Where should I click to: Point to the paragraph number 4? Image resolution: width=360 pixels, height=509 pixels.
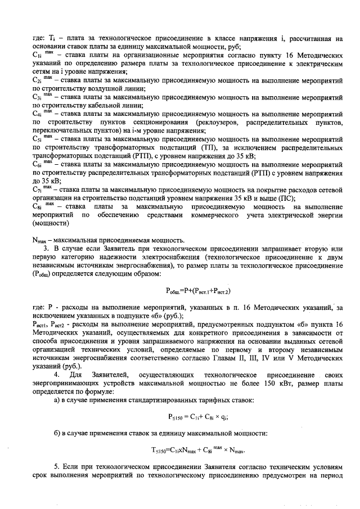(x=55, y=375)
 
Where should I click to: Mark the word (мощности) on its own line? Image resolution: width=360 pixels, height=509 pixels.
(x=48, y=223)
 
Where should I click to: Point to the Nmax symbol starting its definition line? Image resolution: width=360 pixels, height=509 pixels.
(x=40, y=240)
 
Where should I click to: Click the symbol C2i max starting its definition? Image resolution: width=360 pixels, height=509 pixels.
(x=43, y=80)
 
